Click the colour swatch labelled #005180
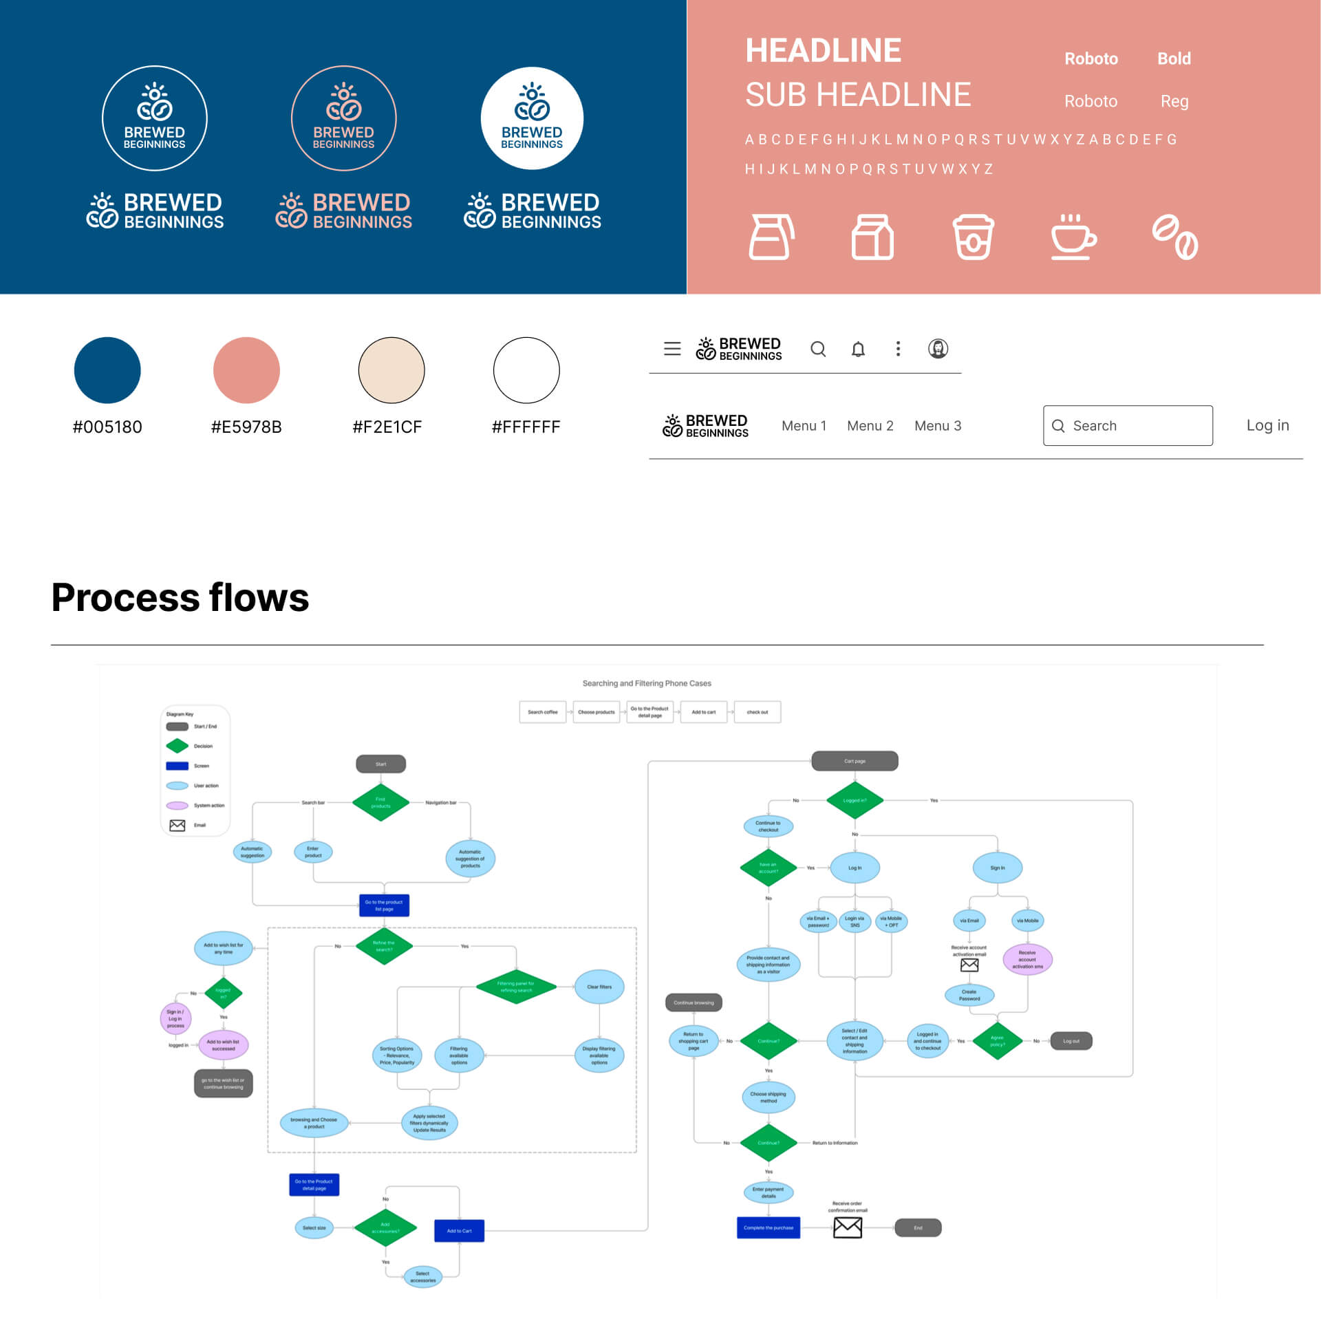click(x=107, y=370)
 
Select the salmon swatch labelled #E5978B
click(x=246, y=370)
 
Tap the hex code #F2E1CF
click(x=387, y=427)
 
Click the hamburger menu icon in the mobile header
click(x=672, y=349)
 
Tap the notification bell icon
click(x=858, y=350)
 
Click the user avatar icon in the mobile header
click(x=938, y=349)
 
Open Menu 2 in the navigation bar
click(x=870, y=426)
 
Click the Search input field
click(x=1128, y=426)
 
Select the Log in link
click(x=1267, y=425)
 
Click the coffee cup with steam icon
click(x=1073, y=237)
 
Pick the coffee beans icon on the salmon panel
click(x=1174, y=237)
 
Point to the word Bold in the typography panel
click(x=1174, y=58)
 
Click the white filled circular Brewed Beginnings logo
click(x=532, y=118)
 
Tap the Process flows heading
click(x=180, y=597)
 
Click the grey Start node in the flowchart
click(x=380, y=764)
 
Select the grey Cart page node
click(x=855, y=761)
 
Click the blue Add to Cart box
click(x=459, y=1231)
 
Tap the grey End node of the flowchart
click(x=918, y=1227)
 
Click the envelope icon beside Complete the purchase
click(x=848, y=1227)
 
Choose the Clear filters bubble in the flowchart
click(x=599, y=987)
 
